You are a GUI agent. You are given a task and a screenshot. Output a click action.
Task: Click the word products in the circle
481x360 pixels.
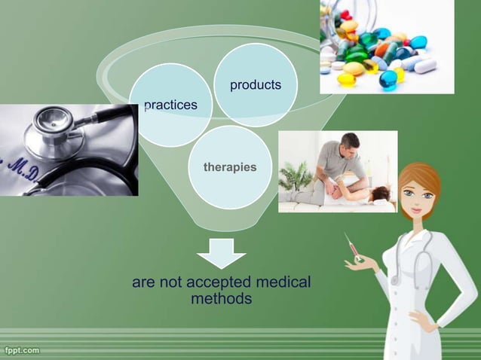256,85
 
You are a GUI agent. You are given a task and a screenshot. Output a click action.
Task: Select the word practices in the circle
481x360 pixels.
170,105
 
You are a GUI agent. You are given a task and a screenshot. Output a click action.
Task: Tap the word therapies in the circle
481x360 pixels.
230,166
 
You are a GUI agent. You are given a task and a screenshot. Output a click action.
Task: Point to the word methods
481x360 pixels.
221,299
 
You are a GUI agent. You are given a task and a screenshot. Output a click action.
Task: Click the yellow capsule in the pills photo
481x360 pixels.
346,79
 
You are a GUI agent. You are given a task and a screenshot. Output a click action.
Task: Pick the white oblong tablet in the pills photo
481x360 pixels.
424,66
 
